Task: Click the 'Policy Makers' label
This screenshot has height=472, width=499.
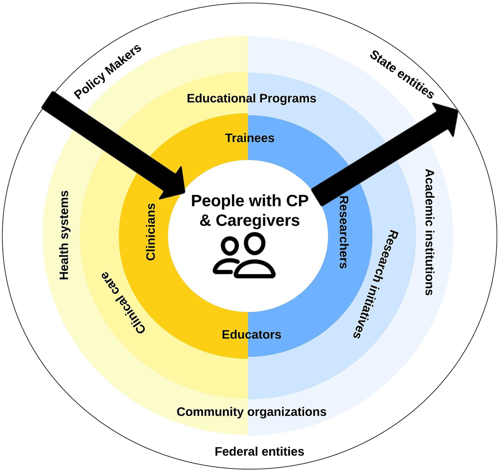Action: [x=108, y=71]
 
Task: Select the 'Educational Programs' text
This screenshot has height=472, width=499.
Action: [x=251, y=99]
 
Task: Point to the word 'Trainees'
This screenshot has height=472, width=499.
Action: [x=250, y=138]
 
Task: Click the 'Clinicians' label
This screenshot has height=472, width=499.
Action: [x=151, y=232]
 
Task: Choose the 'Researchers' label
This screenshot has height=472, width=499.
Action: [x=344, y=232]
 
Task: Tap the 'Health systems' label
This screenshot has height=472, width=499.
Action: [x=64, y=235]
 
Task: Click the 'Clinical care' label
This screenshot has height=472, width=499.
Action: [x=123, y=303]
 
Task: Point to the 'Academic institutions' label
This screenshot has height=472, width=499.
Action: [x=429, y=232]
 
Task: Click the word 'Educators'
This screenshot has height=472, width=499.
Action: [x=251, y=335]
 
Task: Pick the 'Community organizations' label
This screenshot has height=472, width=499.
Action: [x=251, y=412]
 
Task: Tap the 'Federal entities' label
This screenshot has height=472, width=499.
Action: [x=259, y=452]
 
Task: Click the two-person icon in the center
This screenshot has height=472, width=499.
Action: [x=244, y=256]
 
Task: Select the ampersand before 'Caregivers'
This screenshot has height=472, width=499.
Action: [x=205, y=220]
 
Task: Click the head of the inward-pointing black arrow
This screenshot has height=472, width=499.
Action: [x=175, y=185]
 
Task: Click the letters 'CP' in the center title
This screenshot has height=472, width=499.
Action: [x=297, y=201]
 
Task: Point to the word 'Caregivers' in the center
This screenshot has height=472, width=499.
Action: [x=258, y=220]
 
